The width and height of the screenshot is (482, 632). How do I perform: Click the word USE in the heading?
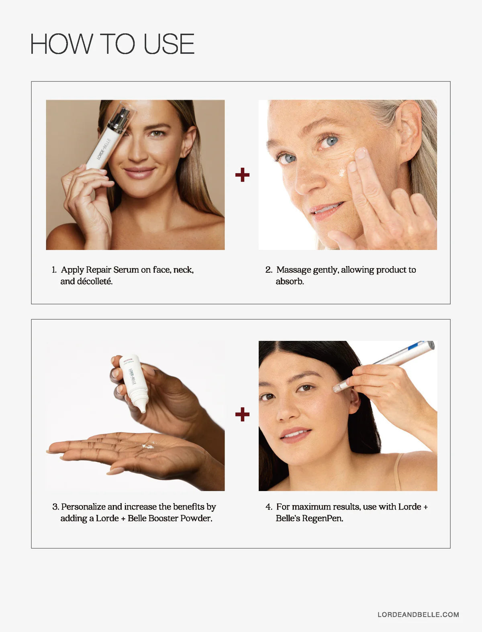click(169, 44)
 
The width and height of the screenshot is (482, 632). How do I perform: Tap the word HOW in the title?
click(61, 44)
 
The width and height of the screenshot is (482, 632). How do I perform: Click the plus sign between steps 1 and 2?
click(242, 175)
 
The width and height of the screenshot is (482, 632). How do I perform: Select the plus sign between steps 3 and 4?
click(242, 414)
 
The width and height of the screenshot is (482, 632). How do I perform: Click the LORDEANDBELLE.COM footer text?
click(418, 614)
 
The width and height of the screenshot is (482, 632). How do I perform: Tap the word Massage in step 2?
click(294, 270)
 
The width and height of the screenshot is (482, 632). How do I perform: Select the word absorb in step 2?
click(290, 281)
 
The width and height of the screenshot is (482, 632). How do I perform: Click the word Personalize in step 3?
click(83, 507)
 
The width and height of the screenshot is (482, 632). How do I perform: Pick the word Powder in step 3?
click(196, 518)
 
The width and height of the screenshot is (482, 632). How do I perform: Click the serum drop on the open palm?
click(148, 446)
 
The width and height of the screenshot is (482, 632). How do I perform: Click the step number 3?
click(55, 507)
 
